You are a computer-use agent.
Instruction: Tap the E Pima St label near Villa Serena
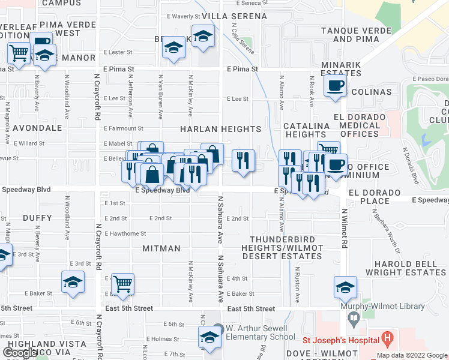click(242, 69)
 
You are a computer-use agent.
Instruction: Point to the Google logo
click(20, 353)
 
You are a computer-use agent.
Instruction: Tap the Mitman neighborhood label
click(161, 248)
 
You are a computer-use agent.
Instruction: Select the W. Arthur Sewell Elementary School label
click(261, 332)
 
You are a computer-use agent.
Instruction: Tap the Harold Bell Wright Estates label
click(409, 268)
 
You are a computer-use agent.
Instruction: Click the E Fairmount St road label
click(123, 128)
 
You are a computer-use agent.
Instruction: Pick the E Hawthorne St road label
click(125, 233)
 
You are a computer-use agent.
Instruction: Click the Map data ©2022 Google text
click(412, 355)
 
